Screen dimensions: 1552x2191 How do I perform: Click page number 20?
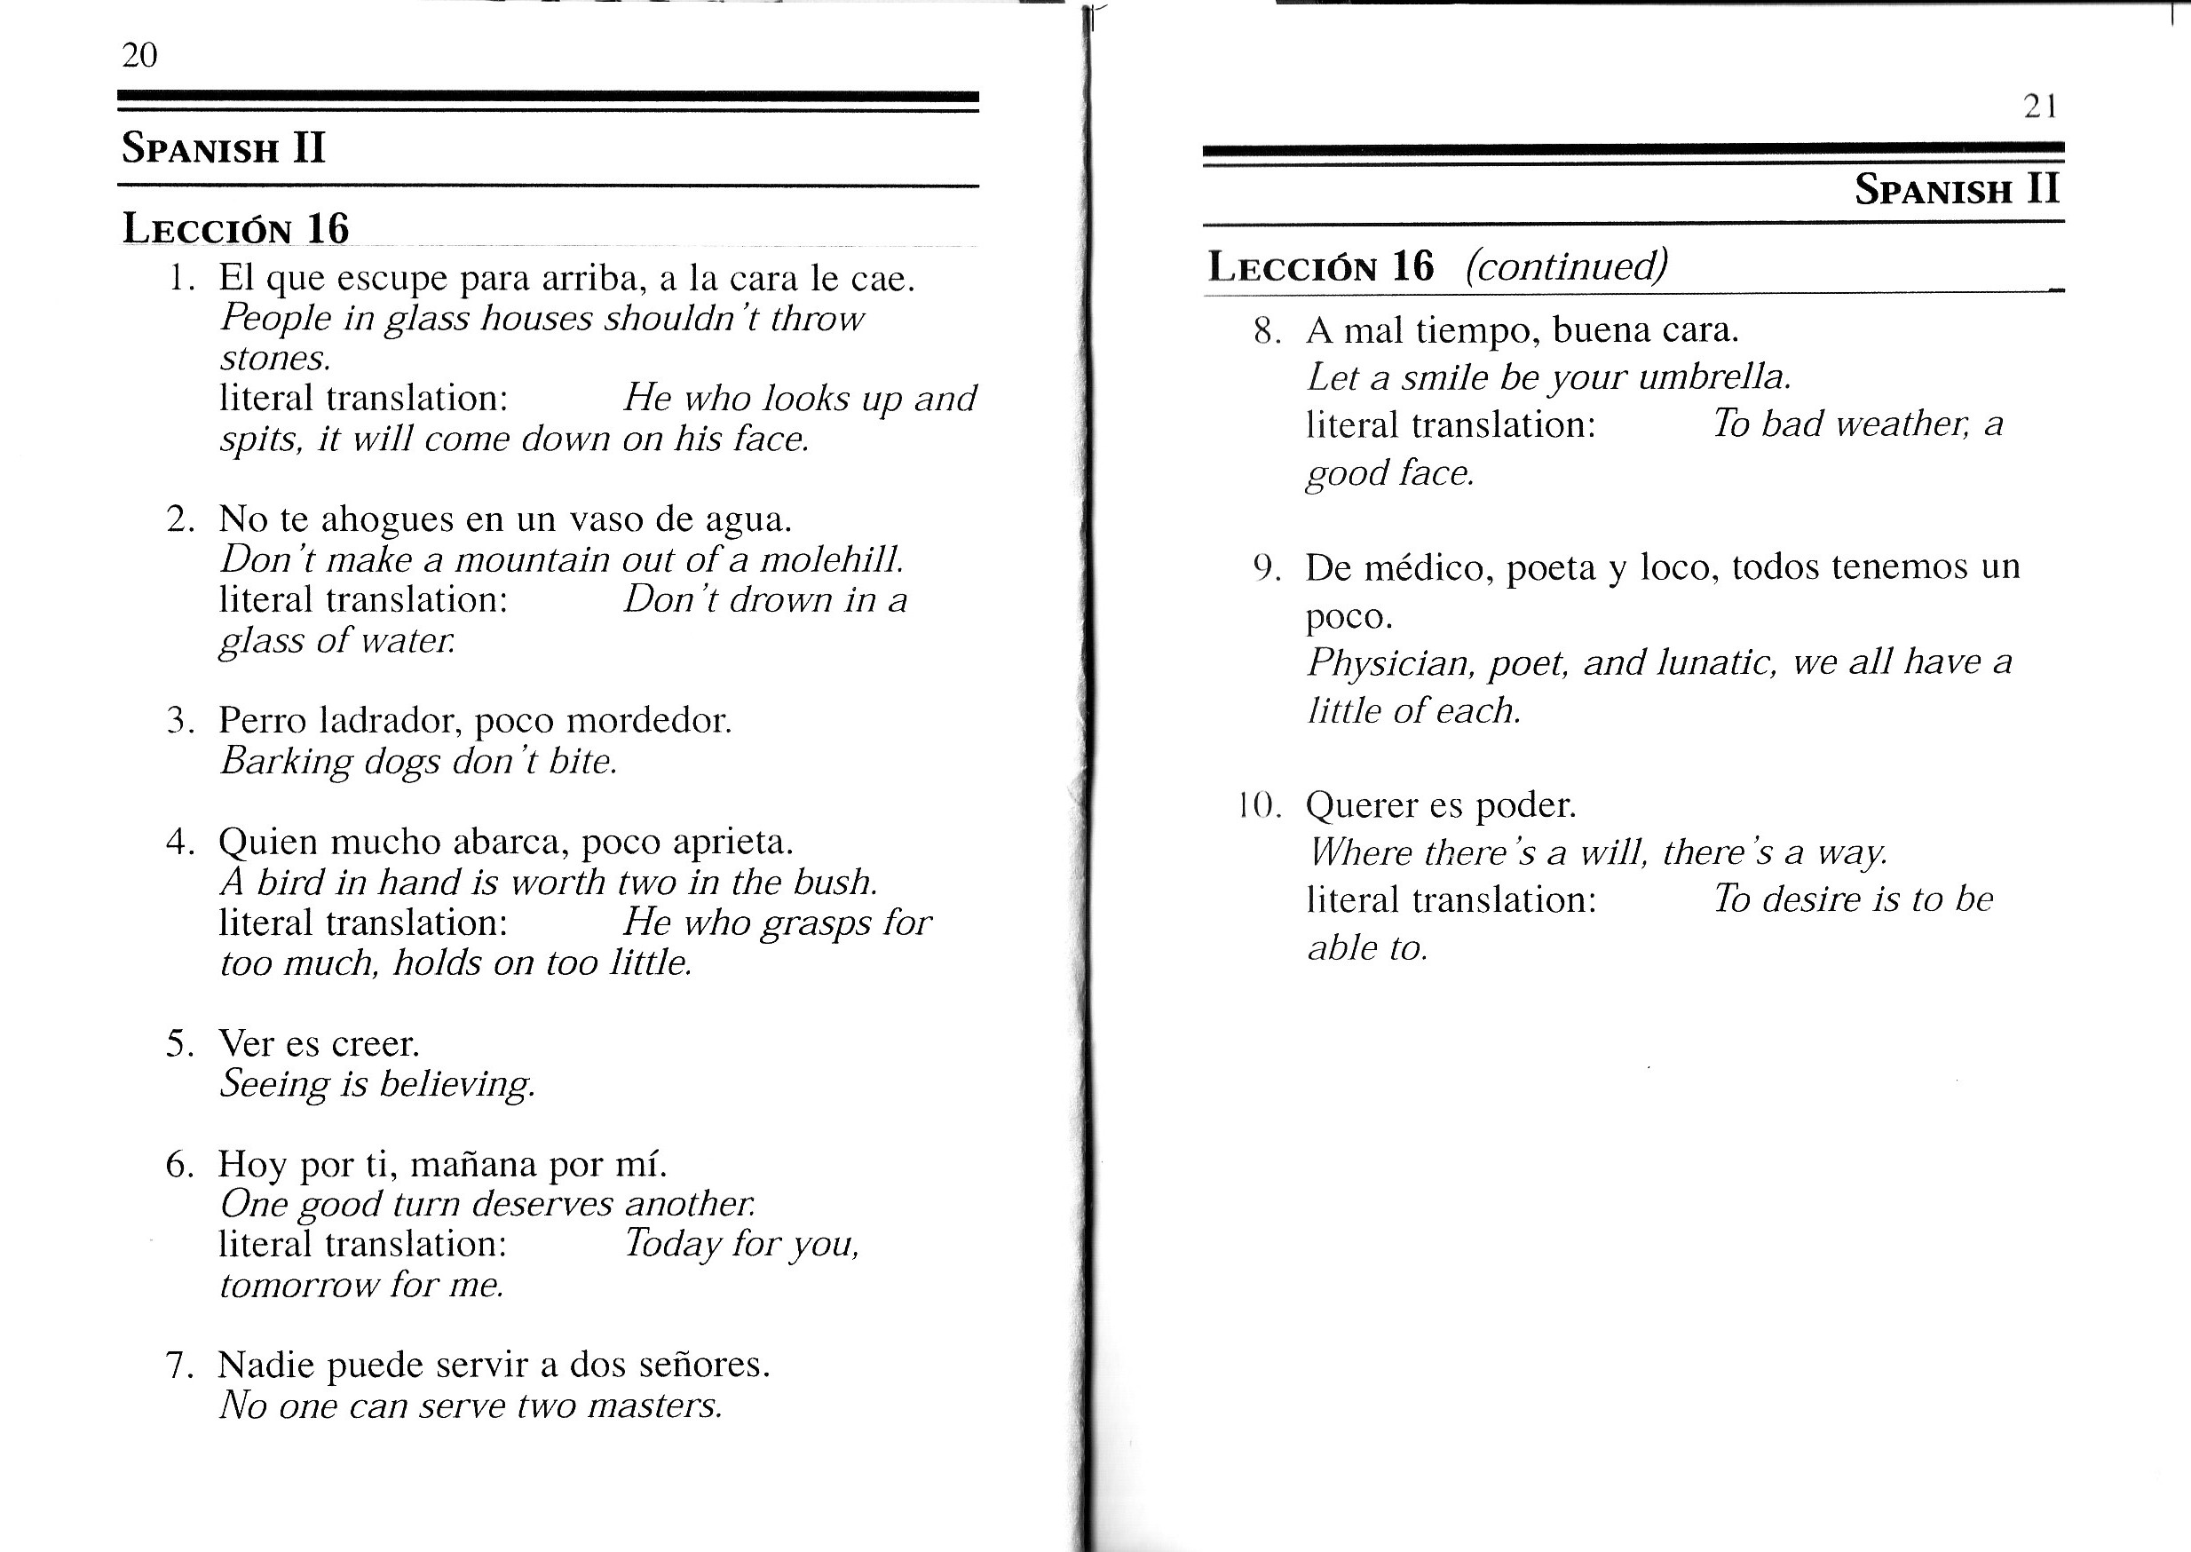(139, 55)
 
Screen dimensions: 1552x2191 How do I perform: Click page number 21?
(2040, 106)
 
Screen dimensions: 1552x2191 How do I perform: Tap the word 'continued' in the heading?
(1566, 265)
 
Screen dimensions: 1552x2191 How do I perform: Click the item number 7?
(178, 1366)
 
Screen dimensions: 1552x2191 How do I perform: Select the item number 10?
(1256, 805)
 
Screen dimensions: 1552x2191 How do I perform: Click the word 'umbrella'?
(1713, 377)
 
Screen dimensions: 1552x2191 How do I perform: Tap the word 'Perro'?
(262, 719)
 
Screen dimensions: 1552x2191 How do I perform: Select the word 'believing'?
(456, 1084)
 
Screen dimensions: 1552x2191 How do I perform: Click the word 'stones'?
(275, 359)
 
